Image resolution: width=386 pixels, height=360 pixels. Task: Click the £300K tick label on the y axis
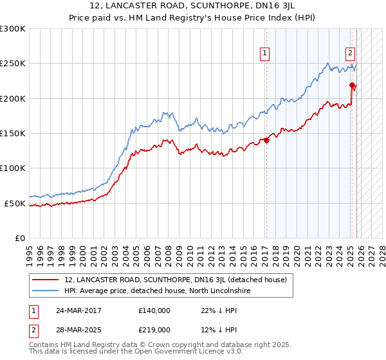click(13, 29)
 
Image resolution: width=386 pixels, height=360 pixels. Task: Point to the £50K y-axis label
click(15, 203)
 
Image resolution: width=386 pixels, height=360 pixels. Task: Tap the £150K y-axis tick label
click(13, 134)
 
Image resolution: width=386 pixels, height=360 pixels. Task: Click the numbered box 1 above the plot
click(265, 54)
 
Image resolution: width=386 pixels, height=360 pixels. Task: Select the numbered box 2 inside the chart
click(350, 54)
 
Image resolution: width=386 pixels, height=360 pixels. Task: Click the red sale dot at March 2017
click(266, 141)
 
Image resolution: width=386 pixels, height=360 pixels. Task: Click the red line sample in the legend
click(45, 280)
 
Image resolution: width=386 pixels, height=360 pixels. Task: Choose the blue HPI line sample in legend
click(45, 291)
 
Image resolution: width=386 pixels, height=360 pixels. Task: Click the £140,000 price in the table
click(154, 310)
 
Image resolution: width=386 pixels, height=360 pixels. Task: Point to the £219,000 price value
click(154, 329)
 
